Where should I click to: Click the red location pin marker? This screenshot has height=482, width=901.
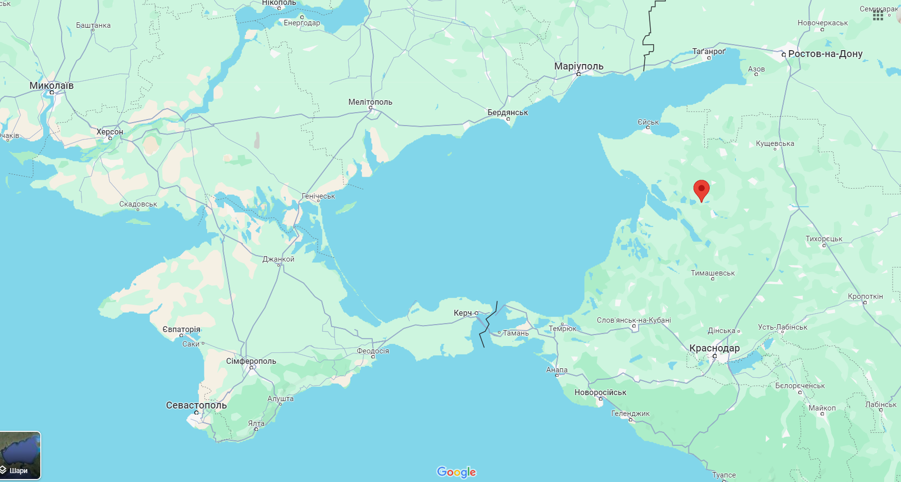701,190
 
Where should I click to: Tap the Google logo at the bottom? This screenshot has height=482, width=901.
456,472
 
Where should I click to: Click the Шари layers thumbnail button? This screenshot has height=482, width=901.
20,455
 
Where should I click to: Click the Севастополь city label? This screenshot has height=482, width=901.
196,405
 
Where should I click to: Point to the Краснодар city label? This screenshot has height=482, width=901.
714,348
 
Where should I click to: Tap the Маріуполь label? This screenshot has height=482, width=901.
578,66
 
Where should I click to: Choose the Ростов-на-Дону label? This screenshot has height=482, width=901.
825,54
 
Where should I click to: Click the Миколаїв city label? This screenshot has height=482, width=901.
51,85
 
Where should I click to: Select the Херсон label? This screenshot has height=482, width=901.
110,132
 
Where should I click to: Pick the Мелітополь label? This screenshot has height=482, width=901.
370,102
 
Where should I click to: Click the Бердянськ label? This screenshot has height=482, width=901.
507,112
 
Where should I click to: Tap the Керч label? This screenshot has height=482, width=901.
463,313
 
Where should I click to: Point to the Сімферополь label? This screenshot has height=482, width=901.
251,361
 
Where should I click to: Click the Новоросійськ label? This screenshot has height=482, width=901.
600,392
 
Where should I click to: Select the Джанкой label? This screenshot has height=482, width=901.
278,259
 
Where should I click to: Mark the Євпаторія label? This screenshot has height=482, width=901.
181,329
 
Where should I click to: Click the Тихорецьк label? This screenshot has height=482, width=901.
823,239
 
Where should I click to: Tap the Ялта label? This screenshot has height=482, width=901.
256,423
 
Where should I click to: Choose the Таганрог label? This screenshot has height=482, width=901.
709,51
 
